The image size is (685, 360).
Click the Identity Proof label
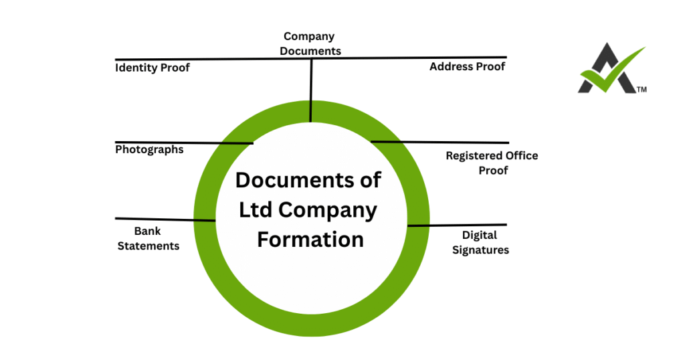coord(153,68)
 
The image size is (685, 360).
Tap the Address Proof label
coord(467,67)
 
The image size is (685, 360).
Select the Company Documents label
coord(310,43)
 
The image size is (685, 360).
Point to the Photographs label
coord(149,149)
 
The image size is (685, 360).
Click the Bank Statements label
coord(149,239)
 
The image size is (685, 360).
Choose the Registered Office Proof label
coord(492,163)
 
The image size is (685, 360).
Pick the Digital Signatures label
coord(480,242)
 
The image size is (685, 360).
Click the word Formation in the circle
coord(310,239)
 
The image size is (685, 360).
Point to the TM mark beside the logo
coord(642,89)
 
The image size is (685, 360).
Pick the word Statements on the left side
coord(149,246)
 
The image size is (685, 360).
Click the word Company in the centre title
coord(327,209)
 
